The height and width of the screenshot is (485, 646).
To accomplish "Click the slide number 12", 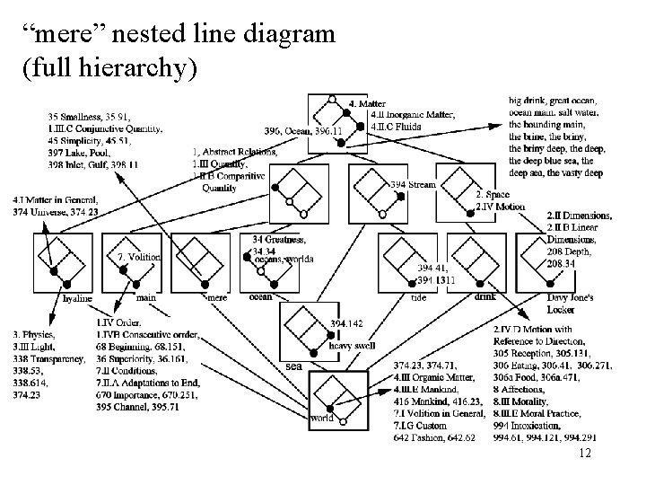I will coord(585,455).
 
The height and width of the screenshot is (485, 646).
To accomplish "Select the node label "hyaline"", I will coord(77,297).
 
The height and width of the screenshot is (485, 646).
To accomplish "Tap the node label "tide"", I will coord(418,297).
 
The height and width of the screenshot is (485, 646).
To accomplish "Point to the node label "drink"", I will coord(484,296).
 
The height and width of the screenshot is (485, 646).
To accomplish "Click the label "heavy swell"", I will coord(353,346).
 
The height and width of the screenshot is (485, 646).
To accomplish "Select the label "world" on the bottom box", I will coord(322,418).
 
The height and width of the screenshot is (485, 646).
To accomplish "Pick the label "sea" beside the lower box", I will coord(293,366).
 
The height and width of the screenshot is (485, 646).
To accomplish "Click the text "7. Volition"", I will coord(139,257).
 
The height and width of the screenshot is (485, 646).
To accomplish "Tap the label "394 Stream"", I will coord(413,184).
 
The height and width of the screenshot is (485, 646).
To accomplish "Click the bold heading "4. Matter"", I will coord(367,103).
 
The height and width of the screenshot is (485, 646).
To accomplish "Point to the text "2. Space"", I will coord(492,195).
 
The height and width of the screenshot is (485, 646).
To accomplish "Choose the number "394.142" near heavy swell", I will coord(347,322).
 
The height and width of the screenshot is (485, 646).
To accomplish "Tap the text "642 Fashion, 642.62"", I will coord(434,437).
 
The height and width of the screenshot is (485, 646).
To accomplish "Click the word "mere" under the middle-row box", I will coord(217,296).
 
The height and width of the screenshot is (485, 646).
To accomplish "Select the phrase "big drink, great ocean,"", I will coord(555,101).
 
